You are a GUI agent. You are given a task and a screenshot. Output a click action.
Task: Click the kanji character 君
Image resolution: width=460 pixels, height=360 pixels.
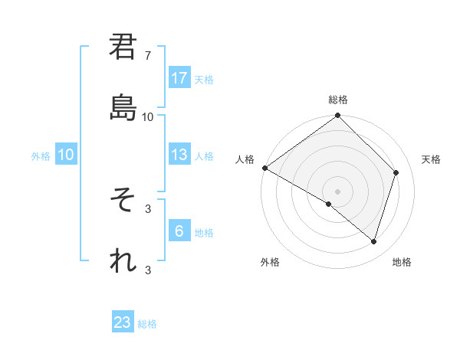(123, 47)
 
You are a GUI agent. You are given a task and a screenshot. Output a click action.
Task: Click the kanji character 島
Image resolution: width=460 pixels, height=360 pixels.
(123, 107)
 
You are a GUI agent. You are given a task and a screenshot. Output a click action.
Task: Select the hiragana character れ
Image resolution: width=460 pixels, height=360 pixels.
(123, 261)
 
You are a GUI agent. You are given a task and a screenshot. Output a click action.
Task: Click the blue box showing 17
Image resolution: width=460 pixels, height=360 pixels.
(179, 78)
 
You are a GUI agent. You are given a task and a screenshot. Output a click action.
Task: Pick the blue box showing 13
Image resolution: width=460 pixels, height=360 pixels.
(179, 155)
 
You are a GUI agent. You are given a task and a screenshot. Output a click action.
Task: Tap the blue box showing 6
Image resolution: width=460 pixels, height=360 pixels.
(179, 231)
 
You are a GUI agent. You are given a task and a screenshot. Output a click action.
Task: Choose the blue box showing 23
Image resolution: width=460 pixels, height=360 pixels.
(123, 322)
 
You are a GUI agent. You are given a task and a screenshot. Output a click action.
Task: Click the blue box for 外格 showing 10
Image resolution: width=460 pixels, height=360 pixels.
(66, 155)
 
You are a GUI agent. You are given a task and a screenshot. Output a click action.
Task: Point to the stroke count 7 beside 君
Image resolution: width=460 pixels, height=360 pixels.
(148, 56)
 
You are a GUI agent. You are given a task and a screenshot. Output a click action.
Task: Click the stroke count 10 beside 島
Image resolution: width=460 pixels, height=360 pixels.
(148, 116)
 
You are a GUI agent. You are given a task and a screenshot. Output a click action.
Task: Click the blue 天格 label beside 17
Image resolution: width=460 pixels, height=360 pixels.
(204, 79)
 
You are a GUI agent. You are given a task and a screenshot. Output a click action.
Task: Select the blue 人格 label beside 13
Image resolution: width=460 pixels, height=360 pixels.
(204, 155)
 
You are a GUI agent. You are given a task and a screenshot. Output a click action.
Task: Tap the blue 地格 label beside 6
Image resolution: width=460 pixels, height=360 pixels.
(204, 232)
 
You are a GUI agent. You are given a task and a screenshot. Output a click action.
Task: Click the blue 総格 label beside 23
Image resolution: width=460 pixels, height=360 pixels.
(147, 324)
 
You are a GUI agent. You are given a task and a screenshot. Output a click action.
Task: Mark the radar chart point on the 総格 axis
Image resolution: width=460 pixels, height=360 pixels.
(337, 116)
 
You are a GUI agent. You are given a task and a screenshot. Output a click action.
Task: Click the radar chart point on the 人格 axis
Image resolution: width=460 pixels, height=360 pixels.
(264, 168)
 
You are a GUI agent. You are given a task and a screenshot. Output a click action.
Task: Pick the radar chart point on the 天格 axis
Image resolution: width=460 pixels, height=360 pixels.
(396, 172)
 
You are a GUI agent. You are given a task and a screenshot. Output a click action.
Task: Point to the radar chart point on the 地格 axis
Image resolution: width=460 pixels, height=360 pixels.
(374, 241)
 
